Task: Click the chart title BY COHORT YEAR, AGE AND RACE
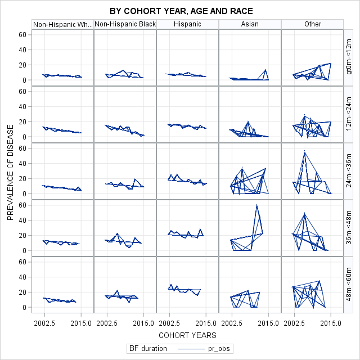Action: (x=181, y=11)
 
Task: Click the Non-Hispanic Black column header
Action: (x=125, y=24)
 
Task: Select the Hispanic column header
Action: (x=187, y=24)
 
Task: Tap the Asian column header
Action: (x=250, y=24)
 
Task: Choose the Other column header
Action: (x=312, y=24)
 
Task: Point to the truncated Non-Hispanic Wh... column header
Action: (x=62, y=24)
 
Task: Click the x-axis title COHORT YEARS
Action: (x=187, y=335)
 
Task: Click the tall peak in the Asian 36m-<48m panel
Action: (x=257, y=205)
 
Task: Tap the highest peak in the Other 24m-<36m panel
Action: (x=304, y=151)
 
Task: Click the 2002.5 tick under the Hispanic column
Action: (x=169, y=323)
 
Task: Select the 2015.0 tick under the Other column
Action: (x=331, y=323)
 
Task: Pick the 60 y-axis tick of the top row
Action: (x=23, y=34)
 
